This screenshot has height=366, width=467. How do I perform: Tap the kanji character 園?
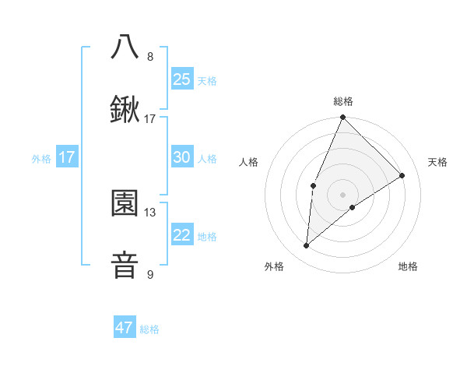tap(125, 203)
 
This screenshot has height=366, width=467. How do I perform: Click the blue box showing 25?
tap(181, 79)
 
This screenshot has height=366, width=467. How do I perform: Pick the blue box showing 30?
tap(181, 157)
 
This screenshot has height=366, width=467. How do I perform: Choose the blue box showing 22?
tap(181, 235)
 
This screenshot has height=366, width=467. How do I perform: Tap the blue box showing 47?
tap(124, 328)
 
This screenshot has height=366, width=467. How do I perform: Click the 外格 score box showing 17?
tap(66, 157)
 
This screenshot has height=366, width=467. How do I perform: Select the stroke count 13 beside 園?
tap(150, 212)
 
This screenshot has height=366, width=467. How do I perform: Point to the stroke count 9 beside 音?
tap(150, 274)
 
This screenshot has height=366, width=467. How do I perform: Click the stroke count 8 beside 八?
tap(150, 56)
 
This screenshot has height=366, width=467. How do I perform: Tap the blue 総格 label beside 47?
tap(149, 329)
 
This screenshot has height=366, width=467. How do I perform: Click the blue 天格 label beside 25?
tap(207, 80)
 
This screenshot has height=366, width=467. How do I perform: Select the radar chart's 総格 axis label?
tap(342, 101)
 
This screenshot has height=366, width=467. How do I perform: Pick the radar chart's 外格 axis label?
tap(273, 266)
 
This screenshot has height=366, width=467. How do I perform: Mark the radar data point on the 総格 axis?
tap(342, 118)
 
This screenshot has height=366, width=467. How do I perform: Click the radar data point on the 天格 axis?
tap(402, 175)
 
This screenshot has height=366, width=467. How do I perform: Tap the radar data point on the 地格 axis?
tap(353, 207)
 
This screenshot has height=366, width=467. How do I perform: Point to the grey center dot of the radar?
tap(342, 194)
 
